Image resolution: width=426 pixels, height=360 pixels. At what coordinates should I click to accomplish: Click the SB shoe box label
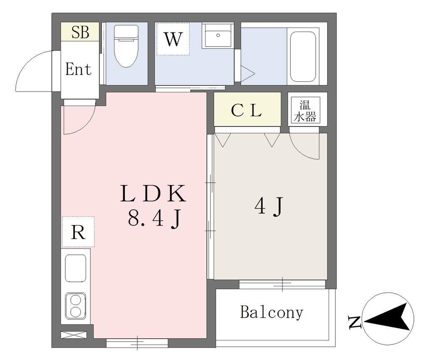point(80,32)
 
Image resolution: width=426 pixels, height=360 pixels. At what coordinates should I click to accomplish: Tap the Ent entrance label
point(78,69)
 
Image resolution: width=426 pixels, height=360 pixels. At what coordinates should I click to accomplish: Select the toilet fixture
point(126,46)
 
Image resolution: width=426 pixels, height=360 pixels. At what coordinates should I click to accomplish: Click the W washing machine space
point(173,39)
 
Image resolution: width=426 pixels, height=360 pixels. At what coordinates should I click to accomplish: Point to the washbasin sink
point(218,36)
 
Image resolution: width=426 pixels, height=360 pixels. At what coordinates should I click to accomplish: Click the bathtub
point(303,57)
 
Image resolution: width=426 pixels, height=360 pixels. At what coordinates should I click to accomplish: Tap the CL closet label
point(246,110)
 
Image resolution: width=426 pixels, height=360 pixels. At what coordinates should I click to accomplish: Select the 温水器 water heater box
point(305,111)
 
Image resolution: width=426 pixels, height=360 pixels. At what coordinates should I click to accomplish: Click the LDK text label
point(153,194)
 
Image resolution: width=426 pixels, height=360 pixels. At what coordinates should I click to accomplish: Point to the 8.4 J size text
point(154,219)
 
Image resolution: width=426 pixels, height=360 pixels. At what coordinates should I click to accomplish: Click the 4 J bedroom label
point(269,206)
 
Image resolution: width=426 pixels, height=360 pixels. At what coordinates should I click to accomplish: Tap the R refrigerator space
point(78,232)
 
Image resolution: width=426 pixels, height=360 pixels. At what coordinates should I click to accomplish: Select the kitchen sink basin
point(76,268)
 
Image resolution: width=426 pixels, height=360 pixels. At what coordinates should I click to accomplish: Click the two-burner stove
point(76,306)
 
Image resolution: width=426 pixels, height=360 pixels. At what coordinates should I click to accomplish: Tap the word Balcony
point(272,313)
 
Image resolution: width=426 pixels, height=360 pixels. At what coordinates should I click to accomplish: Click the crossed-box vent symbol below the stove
point(74,335)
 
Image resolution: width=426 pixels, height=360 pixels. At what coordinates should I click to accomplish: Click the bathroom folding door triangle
point(248,73)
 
